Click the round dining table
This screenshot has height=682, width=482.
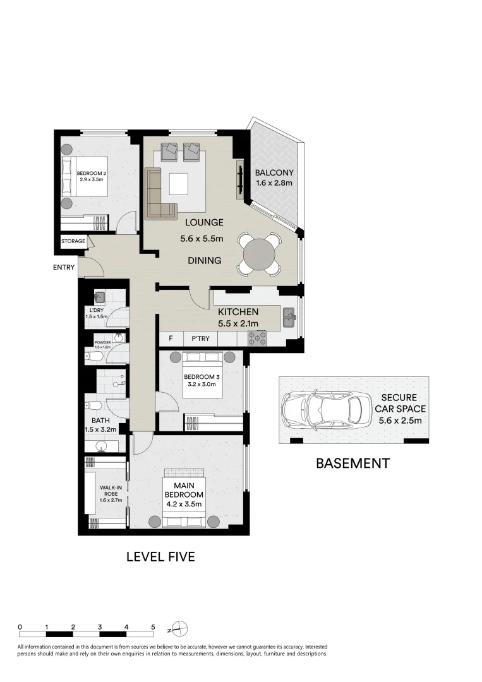click(x=258, y=254)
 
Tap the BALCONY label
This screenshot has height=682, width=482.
click(x=275, y=173)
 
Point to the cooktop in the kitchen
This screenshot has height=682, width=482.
click(x=257, y=338)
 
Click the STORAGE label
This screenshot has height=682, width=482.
click(x=73, y=241)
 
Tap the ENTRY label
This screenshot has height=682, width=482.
click(x=64, y=268)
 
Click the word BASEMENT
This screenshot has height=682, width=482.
click(x=352, y=464)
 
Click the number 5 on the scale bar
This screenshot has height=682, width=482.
click(x=153, y=627)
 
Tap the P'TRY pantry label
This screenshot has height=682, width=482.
click(x=200, y=339)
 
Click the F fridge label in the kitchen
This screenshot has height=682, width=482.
click(x=171, y=339)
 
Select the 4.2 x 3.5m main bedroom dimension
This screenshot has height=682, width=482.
click(x=184, y=504)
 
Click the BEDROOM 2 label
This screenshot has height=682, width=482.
click(x=91, y=174)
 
